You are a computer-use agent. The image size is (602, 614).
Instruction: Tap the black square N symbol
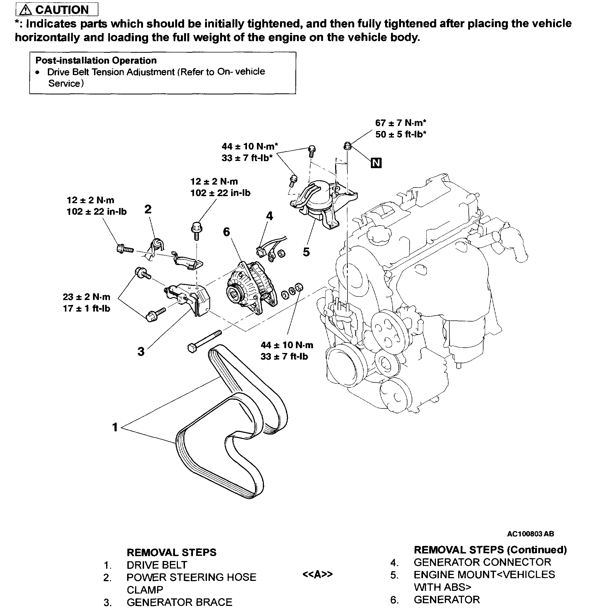[376, 163]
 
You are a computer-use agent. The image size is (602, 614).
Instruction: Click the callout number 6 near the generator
[226, 232]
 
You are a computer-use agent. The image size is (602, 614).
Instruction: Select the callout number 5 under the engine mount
[306, 252]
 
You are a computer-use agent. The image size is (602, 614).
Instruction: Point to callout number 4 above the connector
[269, 216]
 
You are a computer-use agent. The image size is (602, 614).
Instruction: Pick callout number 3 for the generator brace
[141, 351]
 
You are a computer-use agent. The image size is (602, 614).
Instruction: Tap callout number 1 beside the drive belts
[115, 427]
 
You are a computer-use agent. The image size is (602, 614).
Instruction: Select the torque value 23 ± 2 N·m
[87, 297]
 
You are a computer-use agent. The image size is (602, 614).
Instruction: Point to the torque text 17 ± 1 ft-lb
[87, 308]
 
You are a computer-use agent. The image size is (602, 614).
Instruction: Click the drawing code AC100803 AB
[531, 534]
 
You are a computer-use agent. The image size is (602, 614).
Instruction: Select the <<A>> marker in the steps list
[317, 574]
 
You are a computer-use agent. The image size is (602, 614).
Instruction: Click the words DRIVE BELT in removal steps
[157, 565]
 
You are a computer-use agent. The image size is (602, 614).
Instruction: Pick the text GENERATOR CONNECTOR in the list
[482, 562]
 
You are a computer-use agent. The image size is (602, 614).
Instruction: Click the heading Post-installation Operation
[96, 61]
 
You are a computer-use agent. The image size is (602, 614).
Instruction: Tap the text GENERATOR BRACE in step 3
[179, 602]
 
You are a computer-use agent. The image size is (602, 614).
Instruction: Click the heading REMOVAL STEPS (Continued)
[490, 550]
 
